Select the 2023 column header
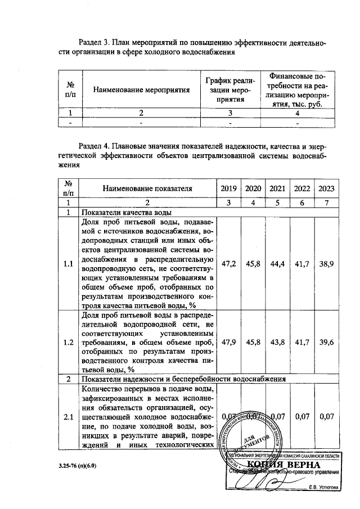[x=326, y=188]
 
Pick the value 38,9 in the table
[x=326, y=263]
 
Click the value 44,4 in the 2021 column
[x=278, y=263]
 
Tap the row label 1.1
[x=68, y=263]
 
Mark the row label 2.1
[x=68, y=417]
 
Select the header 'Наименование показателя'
[x=147, y=188]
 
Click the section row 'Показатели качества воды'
[x=126, y=213]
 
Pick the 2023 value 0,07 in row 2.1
[x=326, y=417]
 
